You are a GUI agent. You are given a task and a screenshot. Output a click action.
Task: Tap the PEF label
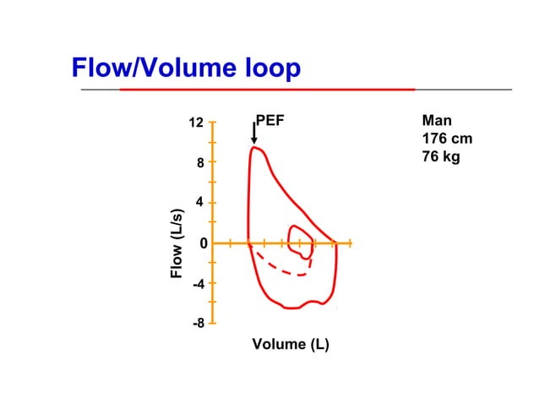(269, 122)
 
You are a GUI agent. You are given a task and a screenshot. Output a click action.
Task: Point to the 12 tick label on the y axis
(196, 123)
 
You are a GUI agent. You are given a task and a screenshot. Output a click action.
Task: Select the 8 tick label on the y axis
(200, 163)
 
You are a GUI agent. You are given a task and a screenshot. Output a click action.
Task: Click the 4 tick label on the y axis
(200, 203)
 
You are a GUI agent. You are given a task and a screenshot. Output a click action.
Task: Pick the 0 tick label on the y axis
(203, 243)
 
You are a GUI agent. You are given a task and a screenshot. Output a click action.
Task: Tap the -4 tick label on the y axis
(199, 284)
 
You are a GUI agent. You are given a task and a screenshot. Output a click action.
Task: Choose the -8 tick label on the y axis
(199, 323)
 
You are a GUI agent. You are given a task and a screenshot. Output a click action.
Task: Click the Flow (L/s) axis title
(177, 243)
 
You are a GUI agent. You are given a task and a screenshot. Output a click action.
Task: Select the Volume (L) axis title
(291, 344)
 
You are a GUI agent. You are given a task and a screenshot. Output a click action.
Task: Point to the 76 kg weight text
(440, 157)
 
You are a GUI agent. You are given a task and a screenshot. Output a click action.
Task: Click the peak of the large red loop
(254, 148)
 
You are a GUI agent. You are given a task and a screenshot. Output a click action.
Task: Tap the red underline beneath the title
(267, 89)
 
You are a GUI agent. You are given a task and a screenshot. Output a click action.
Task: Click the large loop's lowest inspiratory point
(289, 308)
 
